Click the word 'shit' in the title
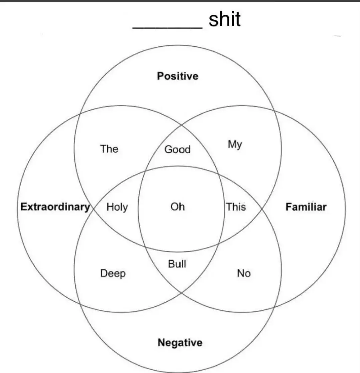(224, 19)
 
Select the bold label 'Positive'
(177, 76)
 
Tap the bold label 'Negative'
(180, 342)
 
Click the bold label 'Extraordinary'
(55, 207)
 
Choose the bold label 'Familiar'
(306, 207)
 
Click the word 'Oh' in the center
(177, 207)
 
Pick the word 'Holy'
(117, 207)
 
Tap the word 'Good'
(177, 149)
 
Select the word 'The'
(109, 149)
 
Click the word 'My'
(235, 145)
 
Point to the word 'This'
(236, 207)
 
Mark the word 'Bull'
(177, 264)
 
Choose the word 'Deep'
(113, 274)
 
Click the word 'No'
(244, 273)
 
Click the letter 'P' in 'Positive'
(160, 76)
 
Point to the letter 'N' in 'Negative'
(161, 342)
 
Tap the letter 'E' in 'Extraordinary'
(23, 207)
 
